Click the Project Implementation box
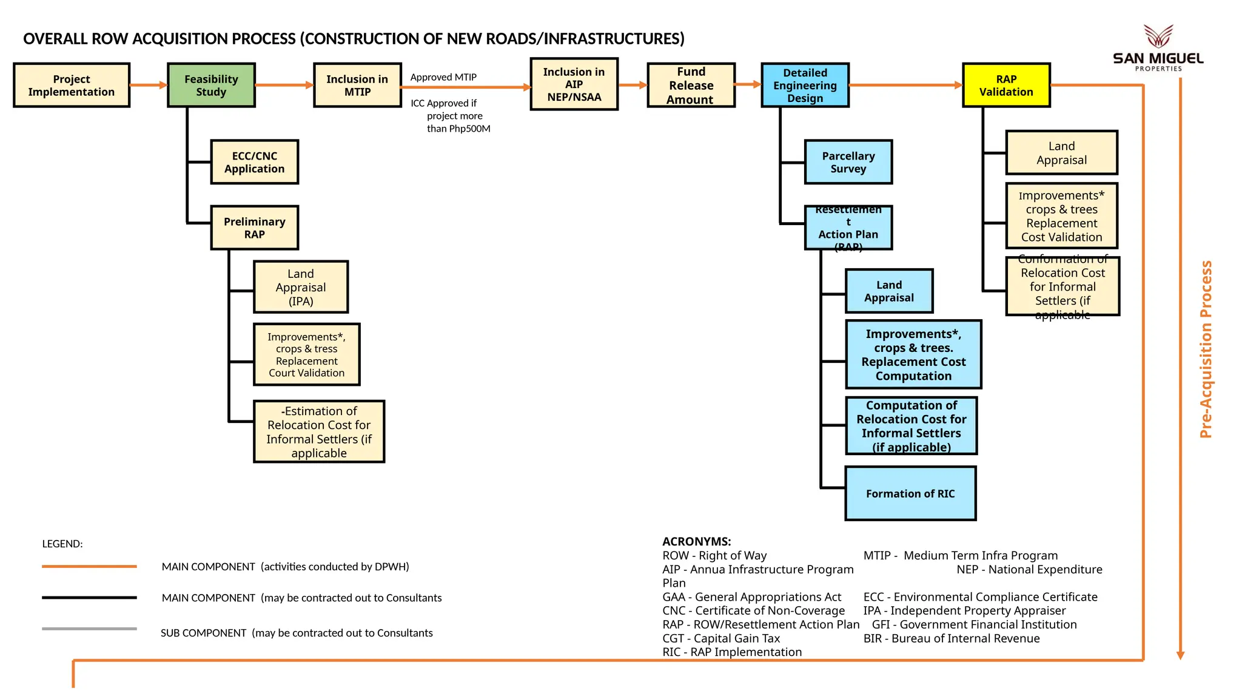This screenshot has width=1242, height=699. point(72,86)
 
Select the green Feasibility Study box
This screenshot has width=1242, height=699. point(211,86)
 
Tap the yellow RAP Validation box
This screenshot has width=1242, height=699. point(1006,86)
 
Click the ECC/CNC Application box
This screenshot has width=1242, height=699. point(254,162)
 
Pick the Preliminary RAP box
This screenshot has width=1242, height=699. point(254,228)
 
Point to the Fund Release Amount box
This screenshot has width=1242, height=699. point(691,86)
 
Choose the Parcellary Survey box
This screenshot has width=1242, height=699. point(848,162)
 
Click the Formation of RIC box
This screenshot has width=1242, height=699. point(910,493)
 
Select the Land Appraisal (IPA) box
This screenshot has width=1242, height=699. point(301,287)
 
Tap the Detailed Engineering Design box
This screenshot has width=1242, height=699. point(805,86)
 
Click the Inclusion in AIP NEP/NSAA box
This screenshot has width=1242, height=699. point(574,84)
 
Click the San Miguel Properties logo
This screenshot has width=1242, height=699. point(1158,49)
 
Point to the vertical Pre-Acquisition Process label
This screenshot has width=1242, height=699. point(1206,349)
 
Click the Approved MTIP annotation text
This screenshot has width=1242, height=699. point(443,77)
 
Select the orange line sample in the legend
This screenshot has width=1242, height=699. point(89,566)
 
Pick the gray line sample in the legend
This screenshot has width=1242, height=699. point(89,629)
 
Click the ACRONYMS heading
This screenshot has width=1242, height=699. point(696,541)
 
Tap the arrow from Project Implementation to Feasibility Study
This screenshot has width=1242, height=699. point(148,86)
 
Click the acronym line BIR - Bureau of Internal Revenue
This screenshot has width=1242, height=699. point(951,638)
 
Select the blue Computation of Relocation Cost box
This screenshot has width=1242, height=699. point(911,426)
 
